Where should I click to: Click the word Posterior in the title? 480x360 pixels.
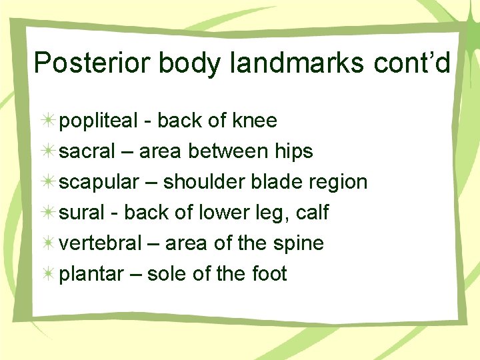pyautogui.click(x=93, y=63)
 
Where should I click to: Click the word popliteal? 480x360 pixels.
pyautogui.click(x=97, y=121)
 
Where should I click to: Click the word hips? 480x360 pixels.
pyautogui.click(x=293, y=152)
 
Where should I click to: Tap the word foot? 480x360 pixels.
pyautogui.click(x=267, y=274)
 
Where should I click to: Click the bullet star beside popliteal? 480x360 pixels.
pyautogui.click(x=47, y=121)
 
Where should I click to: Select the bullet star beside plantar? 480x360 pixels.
pyautogui.click(x=47, y=274)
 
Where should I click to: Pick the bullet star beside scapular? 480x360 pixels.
pyautogui.click(x=47, y=182)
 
